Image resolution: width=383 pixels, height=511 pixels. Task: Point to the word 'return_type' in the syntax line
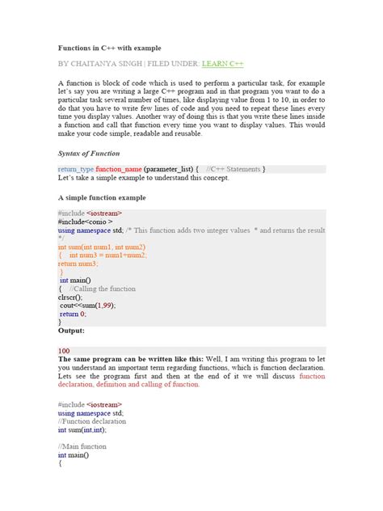coord(76,169)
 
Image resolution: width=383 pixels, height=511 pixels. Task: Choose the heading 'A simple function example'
coord(102,196)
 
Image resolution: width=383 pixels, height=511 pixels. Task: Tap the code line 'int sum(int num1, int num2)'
coord(102,246)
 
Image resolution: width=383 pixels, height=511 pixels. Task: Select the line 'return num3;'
coord(78,263)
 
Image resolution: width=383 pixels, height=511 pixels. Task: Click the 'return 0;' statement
coord(73,314)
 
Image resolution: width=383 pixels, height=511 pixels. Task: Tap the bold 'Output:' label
coord(71,330)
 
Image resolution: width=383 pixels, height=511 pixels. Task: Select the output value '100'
coord(64,350)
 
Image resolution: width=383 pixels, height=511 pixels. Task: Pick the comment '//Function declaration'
coord(93,420)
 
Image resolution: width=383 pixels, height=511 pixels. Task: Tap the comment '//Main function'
coord(82,446)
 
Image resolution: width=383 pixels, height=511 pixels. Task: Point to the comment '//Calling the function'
coord(103,288)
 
